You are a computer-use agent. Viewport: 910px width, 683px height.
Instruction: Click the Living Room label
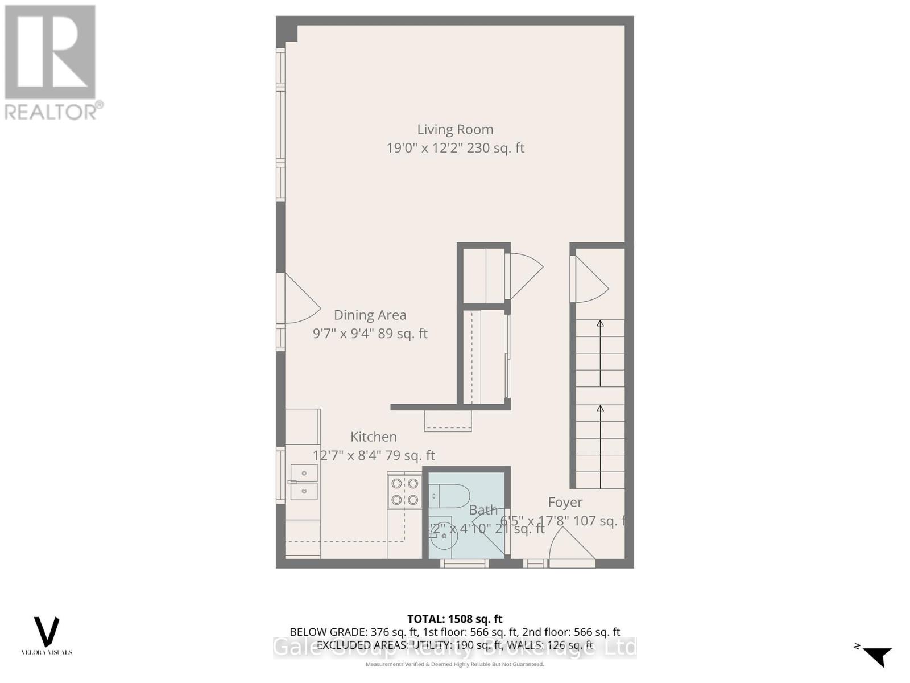click(455, 130)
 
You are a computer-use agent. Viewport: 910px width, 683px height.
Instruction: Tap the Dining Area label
click(370, 315)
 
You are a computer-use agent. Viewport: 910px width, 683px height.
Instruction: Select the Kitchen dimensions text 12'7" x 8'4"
click(348, 455)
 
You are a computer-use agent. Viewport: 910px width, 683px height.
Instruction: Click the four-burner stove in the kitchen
click(404, 492)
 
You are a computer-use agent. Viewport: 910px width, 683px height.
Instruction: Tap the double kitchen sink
click(304, 482)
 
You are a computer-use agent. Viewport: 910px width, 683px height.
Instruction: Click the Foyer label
click(565, 502)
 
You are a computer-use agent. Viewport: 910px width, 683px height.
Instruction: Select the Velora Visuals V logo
click(47, 632)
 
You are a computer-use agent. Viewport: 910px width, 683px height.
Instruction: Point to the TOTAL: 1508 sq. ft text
click(454, 619)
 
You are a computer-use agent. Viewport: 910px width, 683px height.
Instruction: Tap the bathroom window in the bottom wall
click(465, 563)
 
